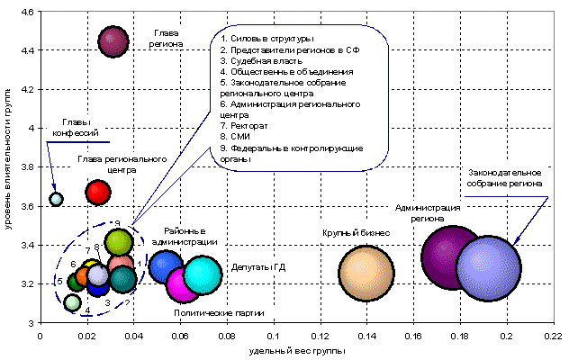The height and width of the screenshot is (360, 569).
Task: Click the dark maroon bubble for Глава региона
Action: pyautogui.click(x=112, y=40)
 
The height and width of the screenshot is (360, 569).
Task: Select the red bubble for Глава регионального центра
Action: pyautogui.click(x=98, y=192)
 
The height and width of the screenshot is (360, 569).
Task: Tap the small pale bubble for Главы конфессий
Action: pyautogui.click(x=56, y=199)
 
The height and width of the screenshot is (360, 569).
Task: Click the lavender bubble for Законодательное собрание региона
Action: pyautogui.click(x=489, y=267)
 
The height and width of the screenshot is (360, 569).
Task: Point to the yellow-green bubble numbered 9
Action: pyautogui.click(x=119, y=241)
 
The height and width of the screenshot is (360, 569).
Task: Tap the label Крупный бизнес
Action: pyautogui.click(x=356, y=233)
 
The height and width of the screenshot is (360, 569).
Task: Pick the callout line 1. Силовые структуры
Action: pyautogui.click(x=266, y=39)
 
